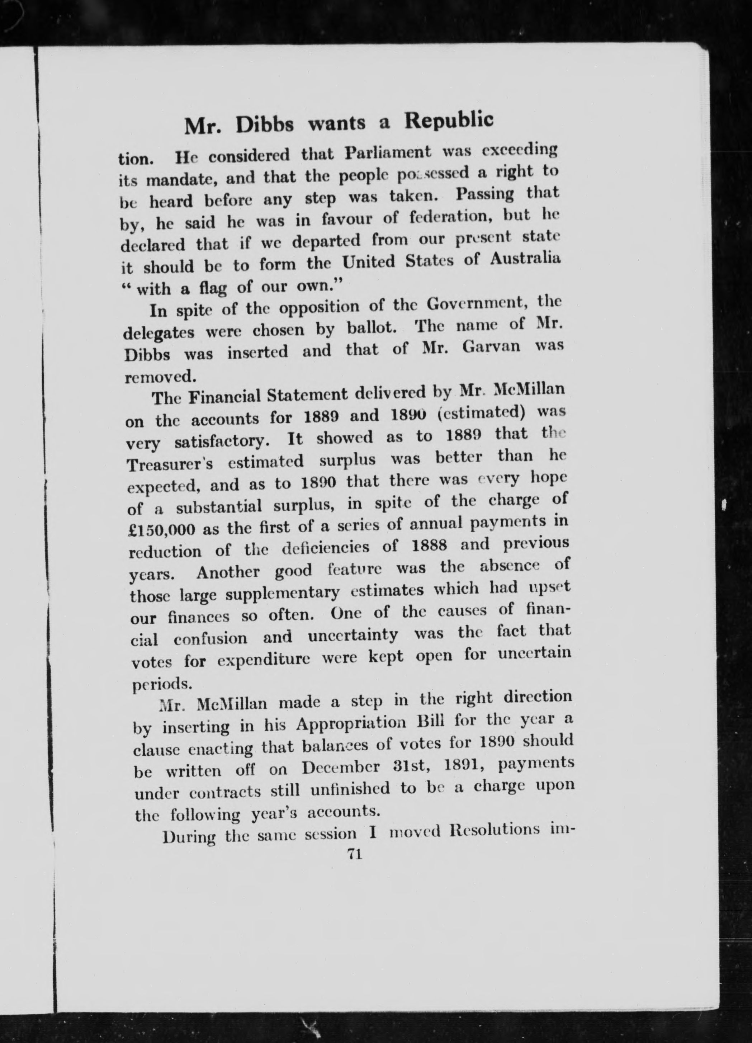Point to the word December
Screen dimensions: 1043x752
[x=341, y=768]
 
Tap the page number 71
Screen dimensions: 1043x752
[x=354, y=854]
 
